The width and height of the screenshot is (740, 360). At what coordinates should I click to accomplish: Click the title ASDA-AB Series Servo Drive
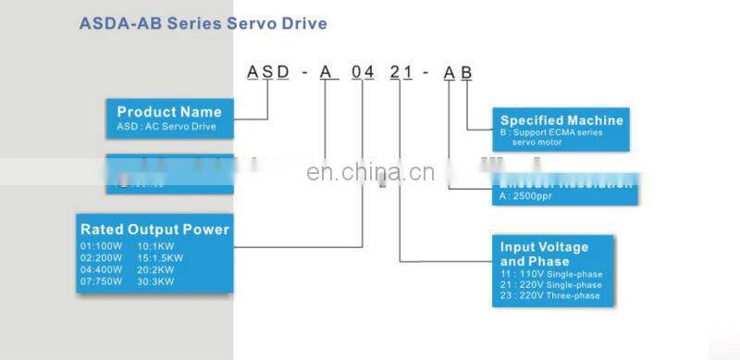pos(203,22)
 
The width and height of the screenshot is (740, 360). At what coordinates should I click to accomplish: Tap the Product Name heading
pos(169,112)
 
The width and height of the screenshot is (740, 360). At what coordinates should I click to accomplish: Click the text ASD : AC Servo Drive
pos(166,126)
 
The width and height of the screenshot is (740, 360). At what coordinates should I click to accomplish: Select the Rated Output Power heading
pos(154,230)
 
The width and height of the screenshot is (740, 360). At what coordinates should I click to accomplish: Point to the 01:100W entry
pos(100,247)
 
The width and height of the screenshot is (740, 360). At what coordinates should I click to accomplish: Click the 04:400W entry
pos(100,269)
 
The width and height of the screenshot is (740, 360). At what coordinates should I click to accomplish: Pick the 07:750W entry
pos(100,280)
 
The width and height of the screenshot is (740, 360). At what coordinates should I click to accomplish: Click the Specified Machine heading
pos(561,120)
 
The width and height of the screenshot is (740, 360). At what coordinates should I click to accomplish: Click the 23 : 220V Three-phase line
pos(550,296)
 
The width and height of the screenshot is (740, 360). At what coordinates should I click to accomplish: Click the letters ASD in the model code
pos(267,73)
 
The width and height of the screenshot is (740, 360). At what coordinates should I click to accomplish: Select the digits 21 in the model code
pos(401,73)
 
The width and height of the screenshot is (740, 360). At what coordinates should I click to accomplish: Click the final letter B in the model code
pos(466,73)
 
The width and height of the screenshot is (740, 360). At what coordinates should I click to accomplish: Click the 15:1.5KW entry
pos(159,258)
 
